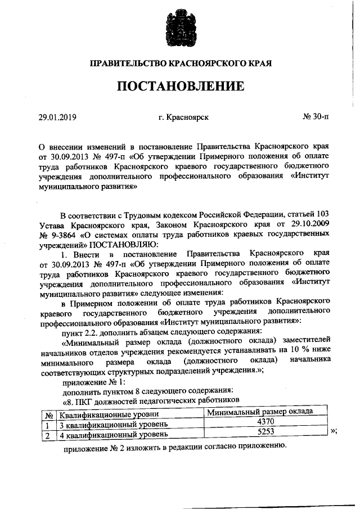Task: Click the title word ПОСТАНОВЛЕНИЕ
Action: [180, 86]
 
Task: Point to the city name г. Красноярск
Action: [184, 118]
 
